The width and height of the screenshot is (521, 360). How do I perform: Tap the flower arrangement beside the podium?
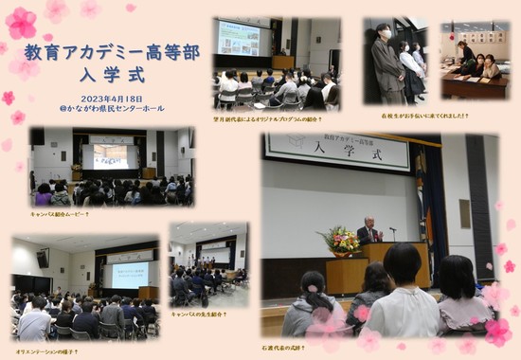pos(343,243)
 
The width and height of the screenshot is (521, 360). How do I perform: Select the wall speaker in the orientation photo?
pos(43,258)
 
